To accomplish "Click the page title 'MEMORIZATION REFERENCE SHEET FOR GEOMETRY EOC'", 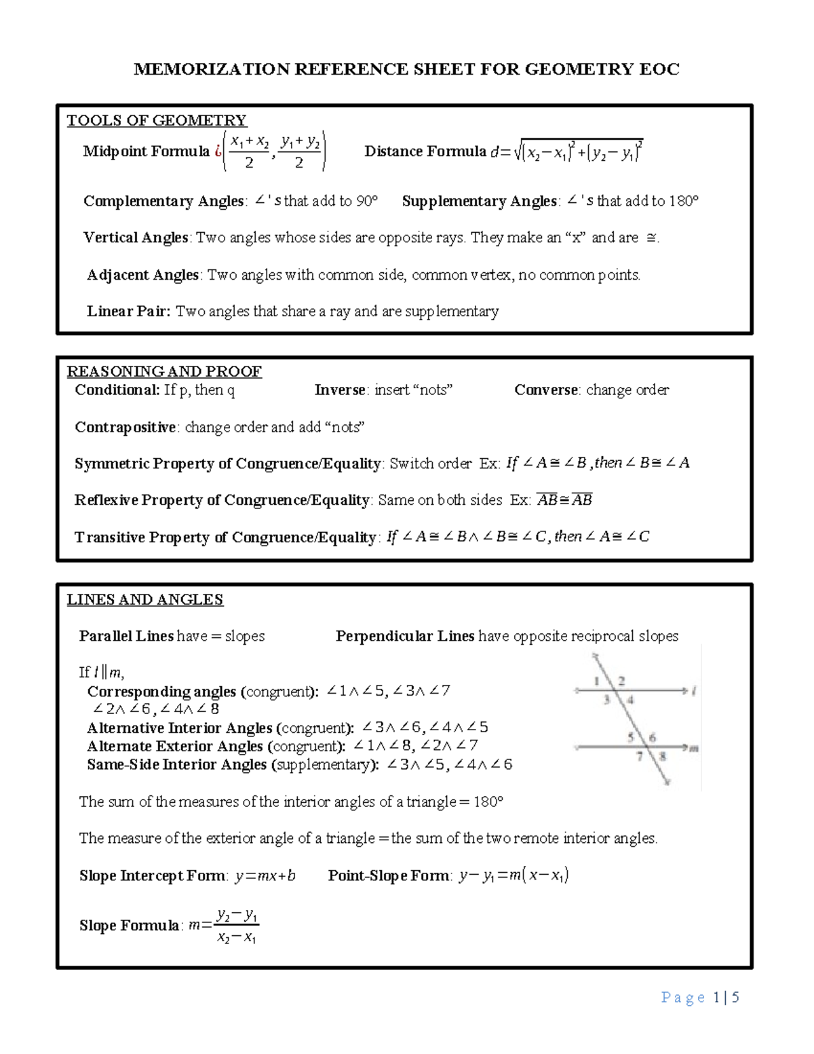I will point(406,69).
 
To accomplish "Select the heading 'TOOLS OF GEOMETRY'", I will point(156,121).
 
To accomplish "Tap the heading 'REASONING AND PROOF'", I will point(164,371).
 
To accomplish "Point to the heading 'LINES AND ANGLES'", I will point(144,600).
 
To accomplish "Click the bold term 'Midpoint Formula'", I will point(146,151).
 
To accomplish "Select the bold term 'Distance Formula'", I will point(425,151).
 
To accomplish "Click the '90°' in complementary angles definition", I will point(367,201).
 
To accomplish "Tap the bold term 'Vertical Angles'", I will point(136,238).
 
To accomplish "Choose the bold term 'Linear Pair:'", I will point(128,312).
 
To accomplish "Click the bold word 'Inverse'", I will point(340,390).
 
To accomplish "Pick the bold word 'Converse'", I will point(546,390).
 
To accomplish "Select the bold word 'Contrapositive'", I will point(125,428).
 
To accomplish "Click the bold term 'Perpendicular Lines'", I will point(404,637).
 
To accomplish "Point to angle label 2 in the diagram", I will point(621,681).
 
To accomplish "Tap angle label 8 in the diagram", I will point(662,756).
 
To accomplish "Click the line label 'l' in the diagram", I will point(694,692).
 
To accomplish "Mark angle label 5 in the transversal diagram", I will point(630,737).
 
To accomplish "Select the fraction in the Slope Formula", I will point(236,926).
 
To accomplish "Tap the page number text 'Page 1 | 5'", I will point(699,998).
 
